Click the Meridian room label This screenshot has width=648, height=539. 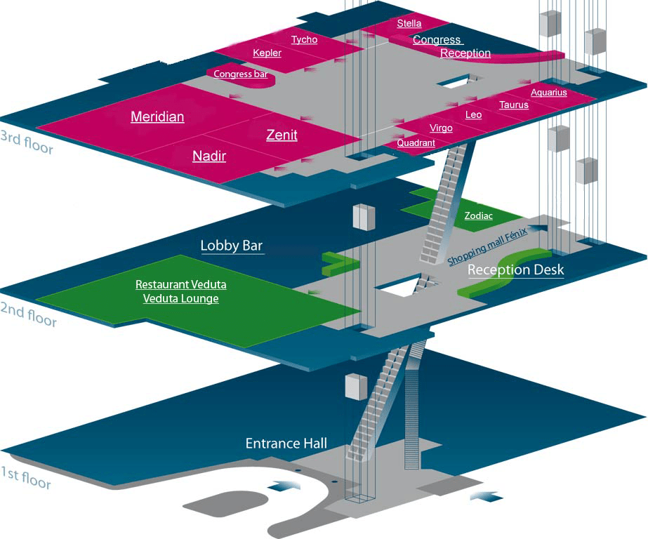click(157, 117)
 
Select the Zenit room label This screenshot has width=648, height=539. click(282, 135)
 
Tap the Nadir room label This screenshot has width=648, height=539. click(209, 156)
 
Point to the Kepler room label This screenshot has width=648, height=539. click(267, 53)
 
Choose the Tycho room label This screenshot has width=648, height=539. click(304, 40)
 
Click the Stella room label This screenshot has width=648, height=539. click(409, 23)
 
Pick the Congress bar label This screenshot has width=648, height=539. click(240, 74)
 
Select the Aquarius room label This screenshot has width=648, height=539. click(548, 92)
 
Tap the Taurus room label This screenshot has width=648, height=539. click(513, 105)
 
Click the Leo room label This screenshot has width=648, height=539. click(473, 114)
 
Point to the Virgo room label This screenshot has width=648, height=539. click(441, 128)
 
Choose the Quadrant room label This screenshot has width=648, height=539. click(416, 142)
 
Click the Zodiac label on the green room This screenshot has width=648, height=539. click(479, 216)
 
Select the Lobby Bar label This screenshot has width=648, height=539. click(232, 246)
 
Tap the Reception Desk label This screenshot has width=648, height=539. click(515, 269)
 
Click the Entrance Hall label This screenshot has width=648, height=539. click(286, 443)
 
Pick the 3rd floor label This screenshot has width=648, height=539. click(27, 142)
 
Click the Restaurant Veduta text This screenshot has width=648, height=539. click(180, 285)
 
